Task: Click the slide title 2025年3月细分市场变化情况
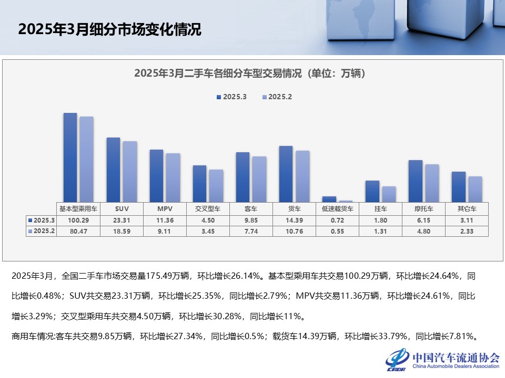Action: (x=109, y=29)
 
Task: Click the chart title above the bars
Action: (x=249, y=73)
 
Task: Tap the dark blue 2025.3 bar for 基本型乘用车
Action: (x=70, y=157)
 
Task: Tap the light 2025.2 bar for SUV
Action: (x=129, y=171)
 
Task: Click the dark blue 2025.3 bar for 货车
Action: (x=286, y=174)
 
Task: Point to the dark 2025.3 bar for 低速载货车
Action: (x=329, y=199)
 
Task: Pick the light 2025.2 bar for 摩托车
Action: (x=432, y=183)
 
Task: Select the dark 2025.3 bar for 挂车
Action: (x=372, y=191)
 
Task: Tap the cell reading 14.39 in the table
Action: (x=294, y=220)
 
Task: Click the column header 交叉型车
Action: (x=208, y=208)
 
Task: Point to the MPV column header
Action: (x=165, y=208)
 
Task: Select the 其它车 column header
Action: (x=467, y=208)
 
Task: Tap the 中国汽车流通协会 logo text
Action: (x=456, y=357)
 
